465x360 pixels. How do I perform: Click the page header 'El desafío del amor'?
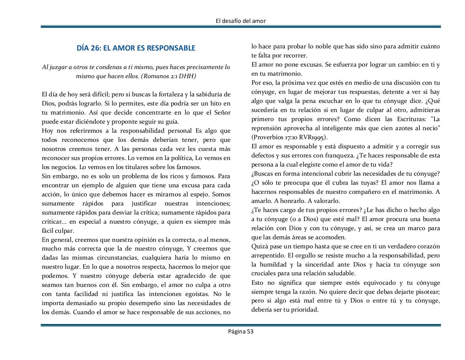pos(240,21)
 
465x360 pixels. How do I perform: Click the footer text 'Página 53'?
pos(240,331)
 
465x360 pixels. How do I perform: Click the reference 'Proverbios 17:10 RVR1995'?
pos(289,137)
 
